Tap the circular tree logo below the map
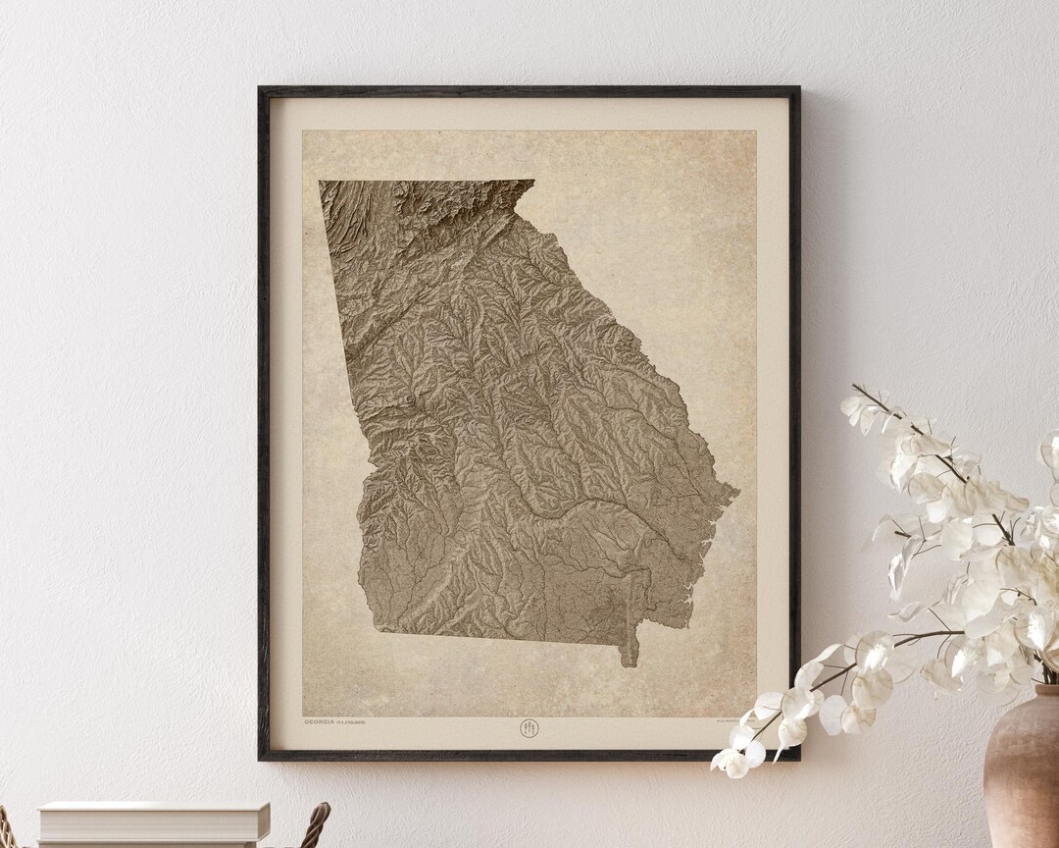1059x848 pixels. coord(529,727)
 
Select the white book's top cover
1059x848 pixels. coord(153,808)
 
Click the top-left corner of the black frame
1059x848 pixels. coord(261,89)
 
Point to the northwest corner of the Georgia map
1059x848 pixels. coord(320,182)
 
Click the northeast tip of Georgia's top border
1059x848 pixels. coord(533,181)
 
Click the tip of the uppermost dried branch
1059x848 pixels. coord(853,387)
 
